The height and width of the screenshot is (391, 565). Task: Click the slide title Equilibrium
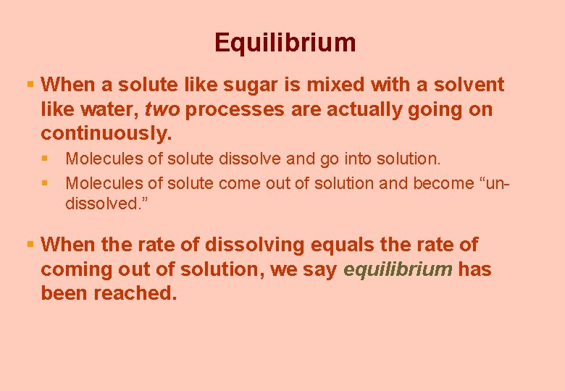[285, 43]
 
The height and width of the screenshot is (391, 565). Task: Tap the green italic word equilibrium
[398, 270]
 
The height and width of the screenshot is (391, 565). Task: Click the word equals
[350, 245]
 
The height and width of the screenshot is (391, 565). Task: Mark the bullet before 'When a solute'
[30, 85]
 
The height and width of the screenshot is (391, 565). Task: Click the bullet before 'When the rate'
[30, 245]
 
